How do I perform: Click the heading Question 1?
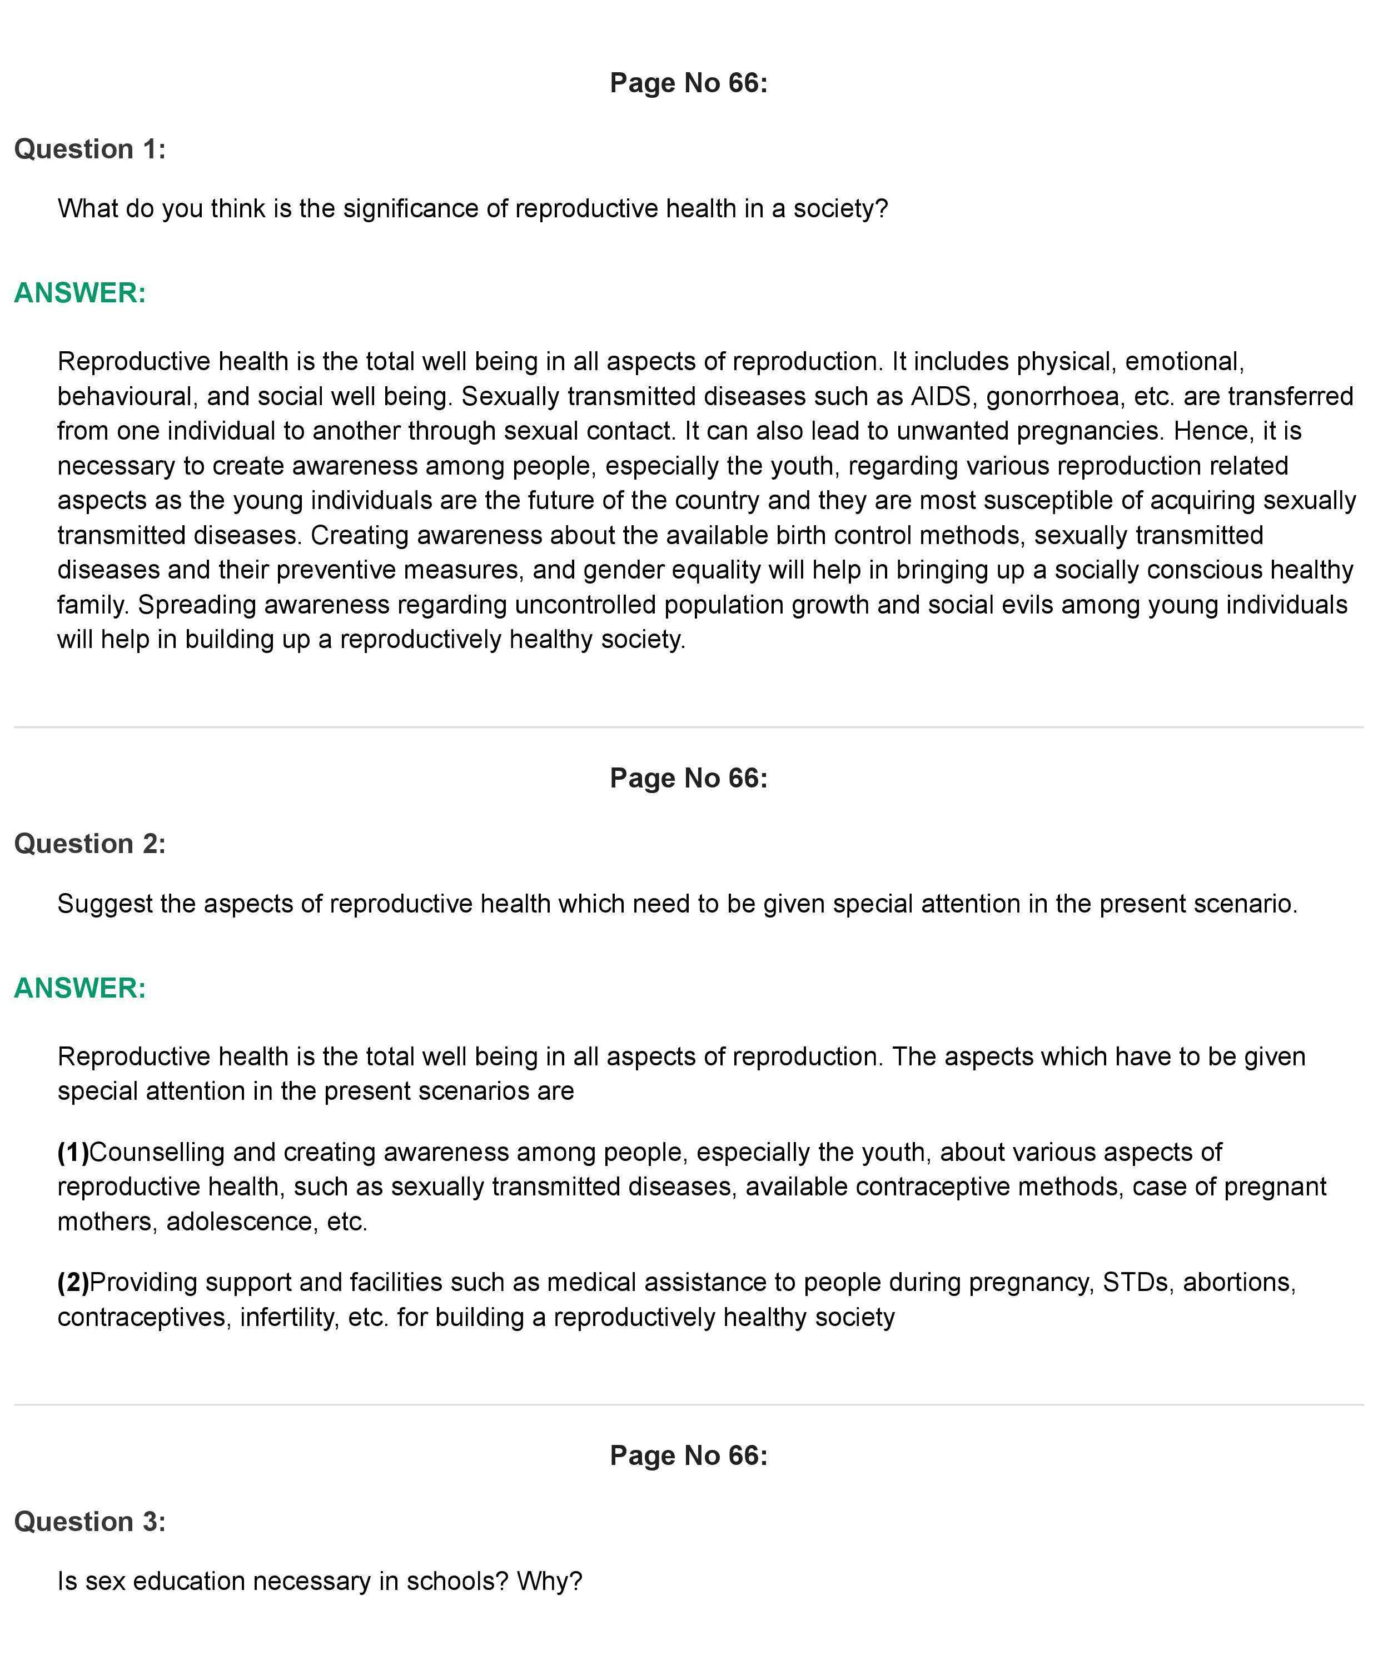coord(89,149)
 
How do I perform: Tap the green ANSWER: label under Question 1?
coord(80,293)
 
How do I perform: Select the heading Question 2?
coord(89,844)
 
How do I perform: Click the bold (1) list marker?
coord(73,1151)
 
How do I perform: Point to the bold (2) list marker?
coord(73,1282)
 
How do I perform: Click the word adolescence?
coord(238,1222)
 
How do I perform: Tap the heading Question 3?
coord(89,1522)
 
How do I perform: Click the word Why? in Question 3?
coord(549,1581)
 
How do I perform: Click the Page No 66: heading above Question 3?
coord(688,1455)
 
